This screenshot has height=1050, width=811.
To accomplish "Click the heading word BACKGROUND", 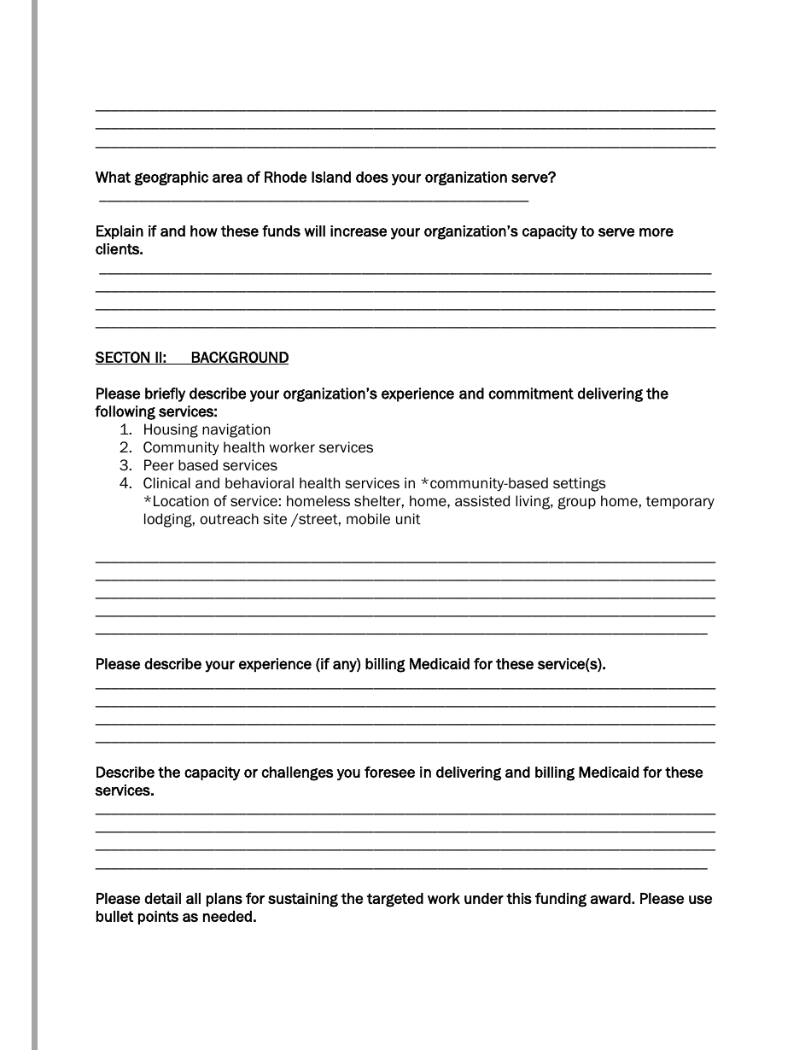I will point(239,358).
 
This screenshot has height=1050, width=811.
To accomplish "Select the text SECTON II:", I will point(131,358).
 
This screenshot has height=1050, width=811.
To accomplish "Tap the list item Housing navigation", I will point(207,429).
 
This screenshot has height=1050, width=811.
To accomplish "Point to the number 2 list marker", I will point(125,447).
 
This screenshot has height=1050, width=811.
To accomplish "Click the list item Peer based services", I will point(210,465).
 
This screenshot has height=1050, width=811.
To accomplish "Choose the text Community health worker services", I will point(258,447).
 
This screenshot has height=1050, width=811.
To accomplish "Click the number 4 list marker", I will point(125,483).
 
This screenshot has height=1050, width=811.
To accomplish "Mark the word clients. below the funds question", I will point(119,249).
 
